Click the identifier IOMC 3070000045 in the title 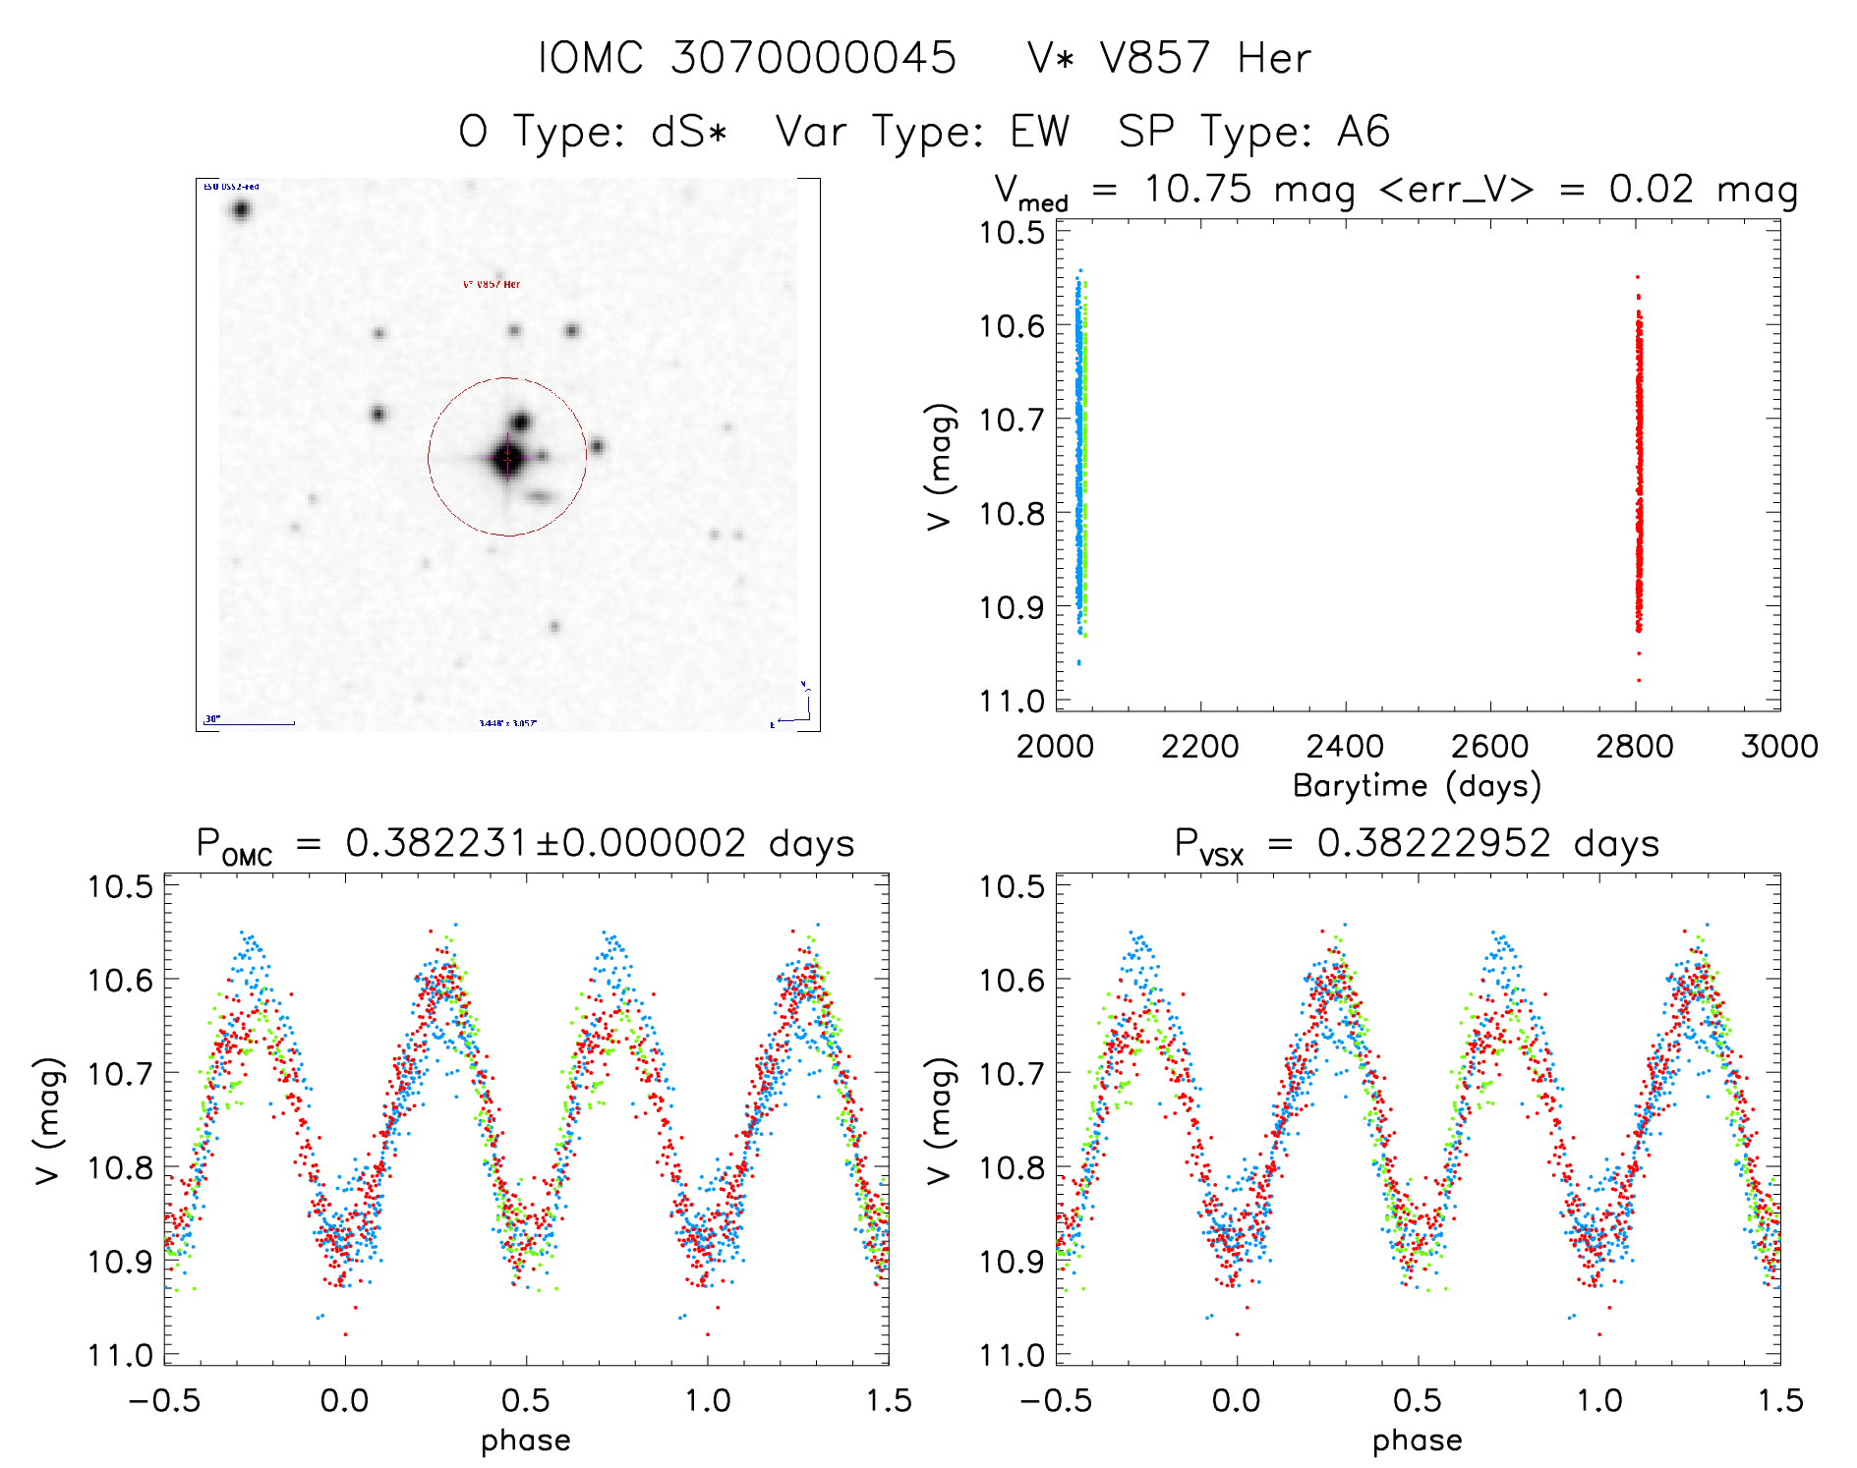click(747, 58)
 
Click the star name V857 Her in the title click(1205, 58)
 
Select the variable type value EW click(1040, 132)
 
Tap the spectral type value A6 click(1364, 132)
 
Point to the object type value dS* click(689, 132)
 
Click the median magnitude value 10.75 click(1197, 189)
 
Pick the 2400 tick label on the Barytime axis click(1345, 747)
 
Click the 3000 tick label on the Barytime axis click(1779, 747)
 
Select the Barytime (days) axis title click(1417, 786)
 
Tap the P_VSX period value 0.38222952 click(1433, 844)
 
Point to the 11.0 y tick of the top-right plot click(1012, 702)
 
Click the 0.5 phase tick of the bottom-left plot click(526, 1401)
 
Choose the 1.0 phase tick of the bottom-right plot click(1599, 1401)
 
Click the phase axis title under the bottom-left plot click(526, 1440)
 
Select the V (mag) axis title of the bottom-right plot click(940, 1120)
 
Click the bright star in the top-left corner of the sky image click(241, 209)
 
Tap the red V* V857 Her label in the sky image click(492, 285)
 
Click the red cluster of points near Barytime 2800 click(1639, 472)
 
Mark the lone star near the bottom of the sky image click(554, 627)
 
